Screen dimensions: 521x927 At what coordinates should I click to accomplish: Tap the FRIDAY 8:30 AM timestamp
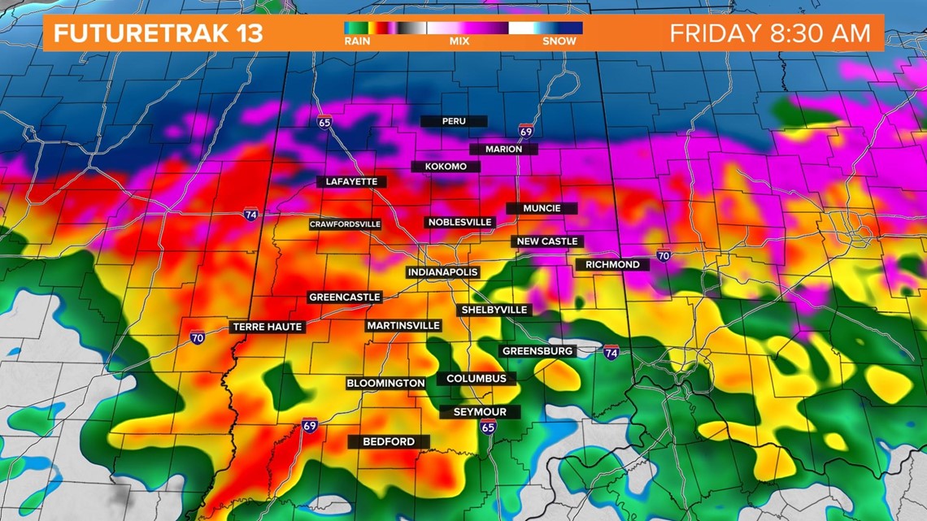(769, 33)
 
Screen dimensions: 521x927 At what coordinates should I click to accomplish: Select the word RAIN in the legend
(357, 41)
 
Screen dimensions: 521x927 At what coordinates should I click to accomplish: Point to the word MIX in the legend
(459, 41)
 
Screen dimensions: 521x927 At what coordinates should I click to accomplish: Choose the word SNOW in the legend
(559, 41)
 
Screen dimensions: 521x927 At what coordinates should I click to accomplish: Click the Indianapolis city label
(442, 271)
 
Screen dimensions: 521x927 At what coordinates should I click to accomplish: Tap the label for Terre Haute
(268, 327)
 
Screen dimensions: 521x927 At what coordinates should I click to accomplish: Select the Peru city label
(454, 121)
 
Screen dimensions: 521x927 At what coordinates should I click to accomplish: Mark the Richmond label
(612, 264)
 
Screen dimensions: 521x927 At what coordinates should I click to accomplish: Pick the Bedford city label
(389, 441)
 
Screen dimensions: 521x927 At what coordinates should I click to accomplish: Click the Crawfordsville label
(345, 224)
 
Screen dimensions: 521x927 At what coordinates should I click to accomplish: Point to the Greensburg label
(538, 351)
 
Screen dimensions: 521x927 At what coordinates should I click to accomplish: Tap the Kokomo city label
(446, 167)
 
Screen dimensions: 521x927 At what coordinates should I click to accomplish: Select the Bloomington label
(385, 383)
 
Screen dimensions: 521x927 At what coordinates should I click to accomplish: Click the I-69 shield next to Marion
(526, 131)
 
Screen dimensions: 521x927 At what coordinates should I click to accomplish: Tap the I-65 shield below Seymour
(488, 428)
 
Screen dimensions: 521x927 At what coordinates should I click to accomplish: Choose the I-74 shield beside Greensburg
(611, 352)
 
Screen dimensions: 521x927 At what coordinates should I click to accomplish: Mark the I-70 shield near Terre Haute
(198, 338)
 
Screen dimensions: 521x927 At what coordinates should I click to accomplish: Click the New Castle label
(547, 241)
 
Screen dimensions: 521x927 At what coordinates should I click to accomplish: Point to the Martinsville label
(403, 325)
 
